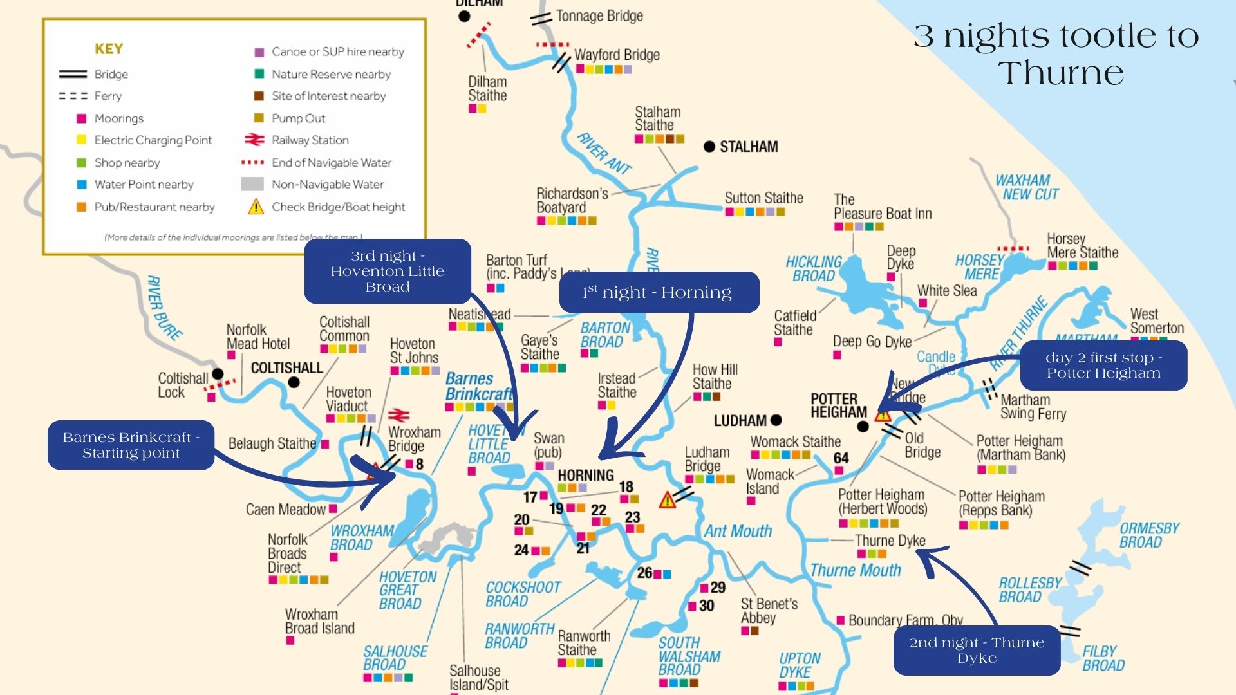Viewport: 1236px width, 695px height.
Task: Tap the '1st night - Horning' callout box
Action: click(659, 293)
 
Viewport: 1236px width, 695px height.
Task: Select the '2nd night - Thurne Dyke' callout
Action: click(977, 650)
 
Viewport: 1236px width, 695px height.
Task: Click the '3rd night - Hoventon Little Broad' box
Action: click(388, 272)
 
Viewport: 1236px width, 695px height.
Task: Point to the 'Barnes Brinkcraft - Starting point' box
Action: click(131, 445)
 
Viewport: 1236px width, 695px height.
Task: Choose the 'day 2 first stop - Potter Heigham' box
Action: click(1103, 366)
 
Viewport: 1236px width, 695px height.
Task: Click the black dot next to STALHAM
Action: click(709, 147)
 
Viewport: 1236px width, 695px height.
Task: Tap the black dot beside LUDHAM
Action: click(776, 420)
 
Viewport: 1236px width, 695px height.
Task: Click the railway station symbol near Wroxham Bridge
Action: click(399, 414)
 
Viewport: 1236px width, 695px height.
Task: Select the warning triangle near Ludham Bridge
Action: click(667, 500)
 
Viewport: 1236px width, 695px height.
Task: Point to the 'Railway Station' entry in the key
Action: click(310, 140)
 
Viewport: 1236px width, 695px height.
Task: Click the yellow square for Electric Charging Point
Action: click(82, 140)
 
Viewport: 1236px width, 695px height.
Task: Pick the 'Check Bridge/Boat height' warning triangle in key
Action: click(256, 207)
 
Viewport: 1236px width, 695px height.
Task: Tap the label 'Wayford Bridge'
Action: click(617, 55)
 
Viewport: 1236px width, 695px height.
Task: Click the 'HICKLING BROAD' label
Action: click(814, 269)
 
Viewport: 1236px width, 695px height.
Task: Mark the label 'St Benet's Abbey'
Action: click(769, 611)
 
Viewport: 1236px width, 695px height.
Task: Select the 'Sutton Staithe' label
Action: click(763, 198)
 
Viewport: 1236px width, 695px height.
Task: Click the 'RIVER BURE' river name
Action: click(164, 308)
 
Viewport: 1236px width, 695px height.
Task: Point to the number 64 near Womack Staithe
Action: click(841, 458)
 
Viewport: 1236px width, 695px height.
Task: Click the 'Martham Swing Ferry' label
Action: click(1033, 407)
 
